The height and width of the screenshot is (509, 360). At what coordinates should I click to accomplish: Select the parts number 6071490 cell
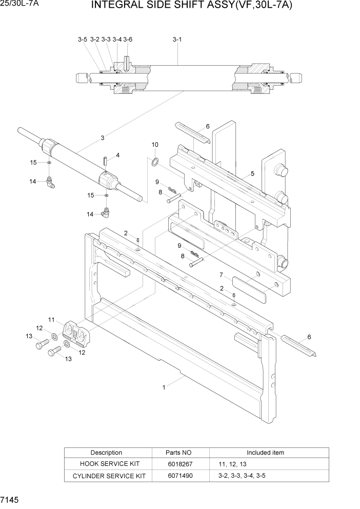(x=178, y=476)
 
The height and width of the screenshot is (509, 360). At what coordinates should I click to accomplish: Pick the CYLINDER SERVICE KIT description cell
(x=106, y=476)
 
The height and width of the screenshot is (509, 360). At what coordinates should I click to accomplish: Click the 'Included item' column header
(x=265, y=453)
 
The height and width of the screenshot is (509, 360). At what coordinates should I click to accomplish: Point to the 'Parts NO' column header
(x=178, y=453)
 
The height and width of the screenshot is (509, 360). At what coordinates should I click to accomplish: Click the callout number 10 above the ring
(x=155, y=145)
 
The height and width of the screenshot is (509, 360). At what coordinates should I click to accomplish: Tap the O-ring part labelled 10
(x=154, y=163)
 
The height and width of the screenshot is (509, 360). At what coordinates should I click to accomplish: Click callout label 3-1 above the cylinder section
(x=177, y=39)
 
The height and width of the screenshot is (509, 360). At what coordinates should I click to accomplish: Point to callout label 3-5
(x=83, y=39)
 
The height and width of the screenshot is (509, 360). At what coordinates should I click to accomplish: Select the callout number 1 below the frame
(x=164, y=388)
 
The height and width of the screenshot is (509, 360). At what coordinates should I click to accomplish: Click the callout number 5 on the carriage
(x=252, y=173)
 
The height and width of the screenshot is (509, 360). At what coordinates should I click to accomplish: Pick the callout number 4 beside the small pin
(x=117, y=155)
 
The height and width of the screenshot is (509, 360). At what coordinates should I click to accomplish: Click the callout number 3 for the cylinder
(x=103, y=138)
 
